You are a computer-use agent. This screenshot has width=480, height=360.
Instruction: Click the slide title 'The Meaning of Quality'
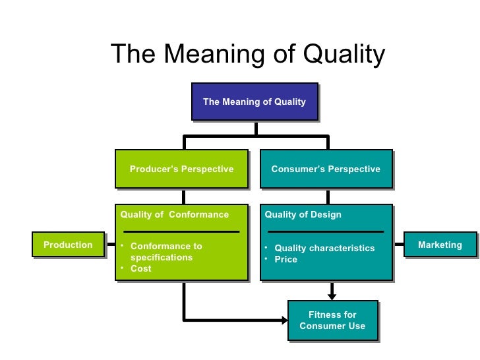point(247,55)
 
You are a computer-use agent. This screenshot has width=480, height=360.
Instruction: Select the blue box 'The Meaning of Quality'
point(254,102)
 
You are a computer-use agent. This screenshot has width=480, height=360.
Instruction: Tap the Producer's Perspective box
point(181,169)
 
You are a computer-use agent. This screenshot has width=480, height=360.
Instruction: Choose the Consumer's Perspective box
point(326,169)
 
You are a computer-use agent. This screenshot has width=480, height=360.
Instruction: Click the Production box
point(68,245)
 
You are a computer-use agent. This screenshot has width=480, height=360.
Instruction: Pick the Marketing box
point(440,245)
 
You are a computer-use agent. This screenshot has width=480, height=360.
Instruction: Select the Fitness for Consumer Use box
point(332,320)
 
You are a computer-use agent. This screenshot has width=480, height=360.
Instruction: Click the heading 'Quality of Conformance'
point(174,215)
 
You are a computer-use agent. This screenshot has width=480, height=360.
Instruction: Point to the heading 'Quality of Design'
point(303,215)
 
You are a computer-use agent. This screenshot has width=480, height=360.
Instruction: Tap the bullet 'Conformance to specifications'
point(166,252)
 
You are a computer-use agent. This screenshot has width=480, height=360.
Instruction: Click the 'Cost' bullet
point(140,269)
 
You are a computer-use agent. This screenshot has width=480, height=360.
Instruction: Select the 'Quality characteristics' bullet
point(324,249)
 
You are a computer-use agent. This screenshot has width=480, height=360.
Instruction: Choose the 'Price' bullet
point(285,260)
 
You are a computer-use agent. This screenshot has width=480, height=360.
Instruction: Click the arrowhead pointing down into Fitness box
point(332,293)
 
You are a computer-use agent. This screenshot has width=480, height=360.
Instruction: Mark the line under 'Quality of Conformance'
point(181,231)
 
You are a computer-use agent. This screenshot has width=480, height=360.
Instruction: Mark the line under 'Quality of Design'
point(326,231)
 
